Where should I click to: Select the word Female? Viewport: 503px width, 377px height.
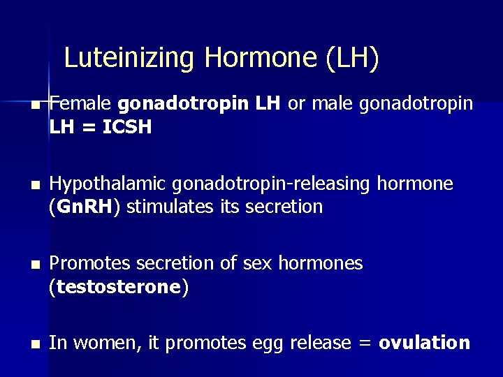(80, 104)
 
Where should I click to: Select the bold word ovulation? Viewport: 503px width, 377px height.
(424, 343)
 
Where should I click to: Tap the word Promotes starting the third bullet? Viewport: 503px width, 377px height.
(85, 263)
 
